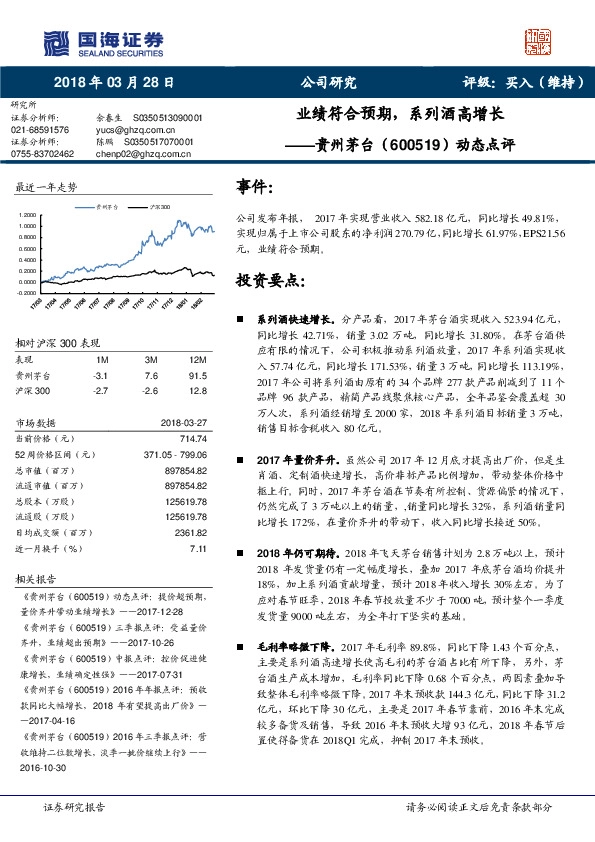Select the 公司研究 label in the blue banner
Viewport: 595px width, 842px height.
328,84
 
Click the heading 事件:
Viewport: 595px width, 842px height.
255,188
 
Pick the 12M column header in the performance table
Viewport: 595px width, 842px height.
196,358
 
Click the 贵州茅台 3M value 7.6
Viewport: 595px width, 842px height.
151,376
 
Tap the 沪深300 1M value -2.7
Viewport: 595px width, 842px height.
98,392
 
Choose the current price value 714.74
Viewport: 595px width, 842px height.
192,439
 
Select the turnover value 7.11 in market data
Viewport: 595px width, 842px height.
196,549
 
